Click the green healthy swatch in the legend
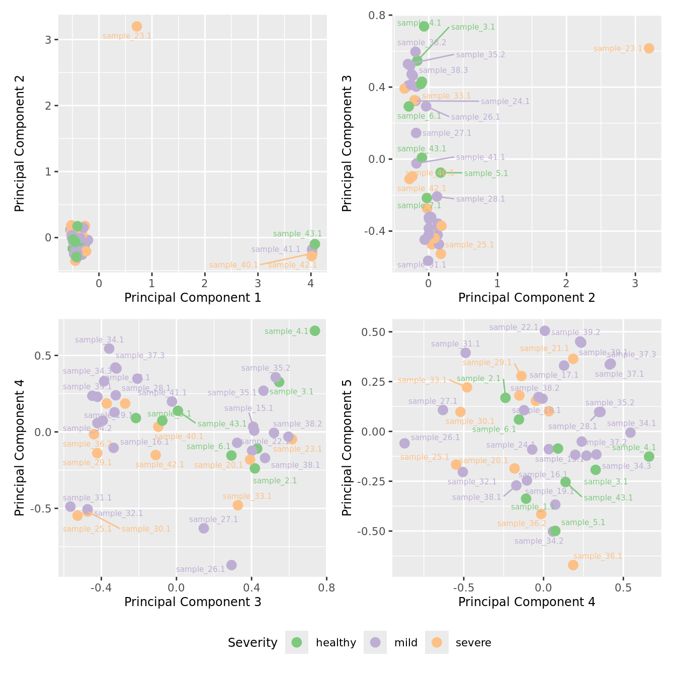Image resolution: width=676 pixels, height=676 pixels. click(x=297, y=642)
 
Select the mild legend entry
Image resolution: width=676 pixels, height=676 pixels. click(x=375, y=642)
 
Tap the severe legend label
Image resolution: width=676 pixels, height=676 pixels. click(x=473, y=643)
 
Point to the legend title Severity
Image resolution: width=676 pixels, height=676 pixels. click(x=252, y=643)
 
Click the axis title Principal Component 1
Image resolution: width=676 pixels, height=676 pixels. click(x=193, y=298)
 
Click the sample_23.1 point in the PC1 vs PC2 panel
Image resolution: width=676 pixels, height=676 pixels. click(x=137, y=26)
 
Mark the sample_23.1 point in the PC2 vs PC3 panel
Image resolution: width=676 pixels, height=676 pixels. click(x=649, y=48)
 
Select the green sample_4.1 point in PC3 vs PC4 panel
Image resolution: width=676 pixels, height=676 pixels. click(x=315, y=330)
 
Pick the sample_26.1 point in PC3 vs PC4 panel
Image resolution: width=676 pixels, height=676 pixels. click(x=231, y=565)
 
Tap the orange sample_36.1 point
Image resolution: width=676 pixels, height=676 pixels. click(x=573, y=565)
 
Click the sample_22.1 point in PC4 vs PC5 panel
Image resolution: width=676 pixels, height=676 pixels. click(x=545, y=330)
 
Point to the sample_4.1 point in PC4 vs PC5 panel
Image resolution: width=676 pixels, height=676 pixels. click(x=649, y=456)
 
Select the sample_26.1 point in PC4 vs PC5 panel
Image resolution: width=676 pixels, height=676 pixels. click(x=404, y=443)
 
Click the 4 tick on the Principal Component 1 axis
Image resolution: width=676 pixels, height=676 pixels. click(x=311, y=283)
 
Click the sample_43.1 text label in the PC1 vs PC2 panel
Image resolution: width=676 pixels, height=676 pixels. click(x=297, y=234)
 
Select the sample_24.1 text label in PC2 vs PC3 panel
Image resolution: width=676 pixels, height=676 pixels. click(x=505, y=102)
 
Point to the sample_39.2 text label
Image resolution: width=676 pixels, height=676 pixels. click(x=575, y=332)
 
